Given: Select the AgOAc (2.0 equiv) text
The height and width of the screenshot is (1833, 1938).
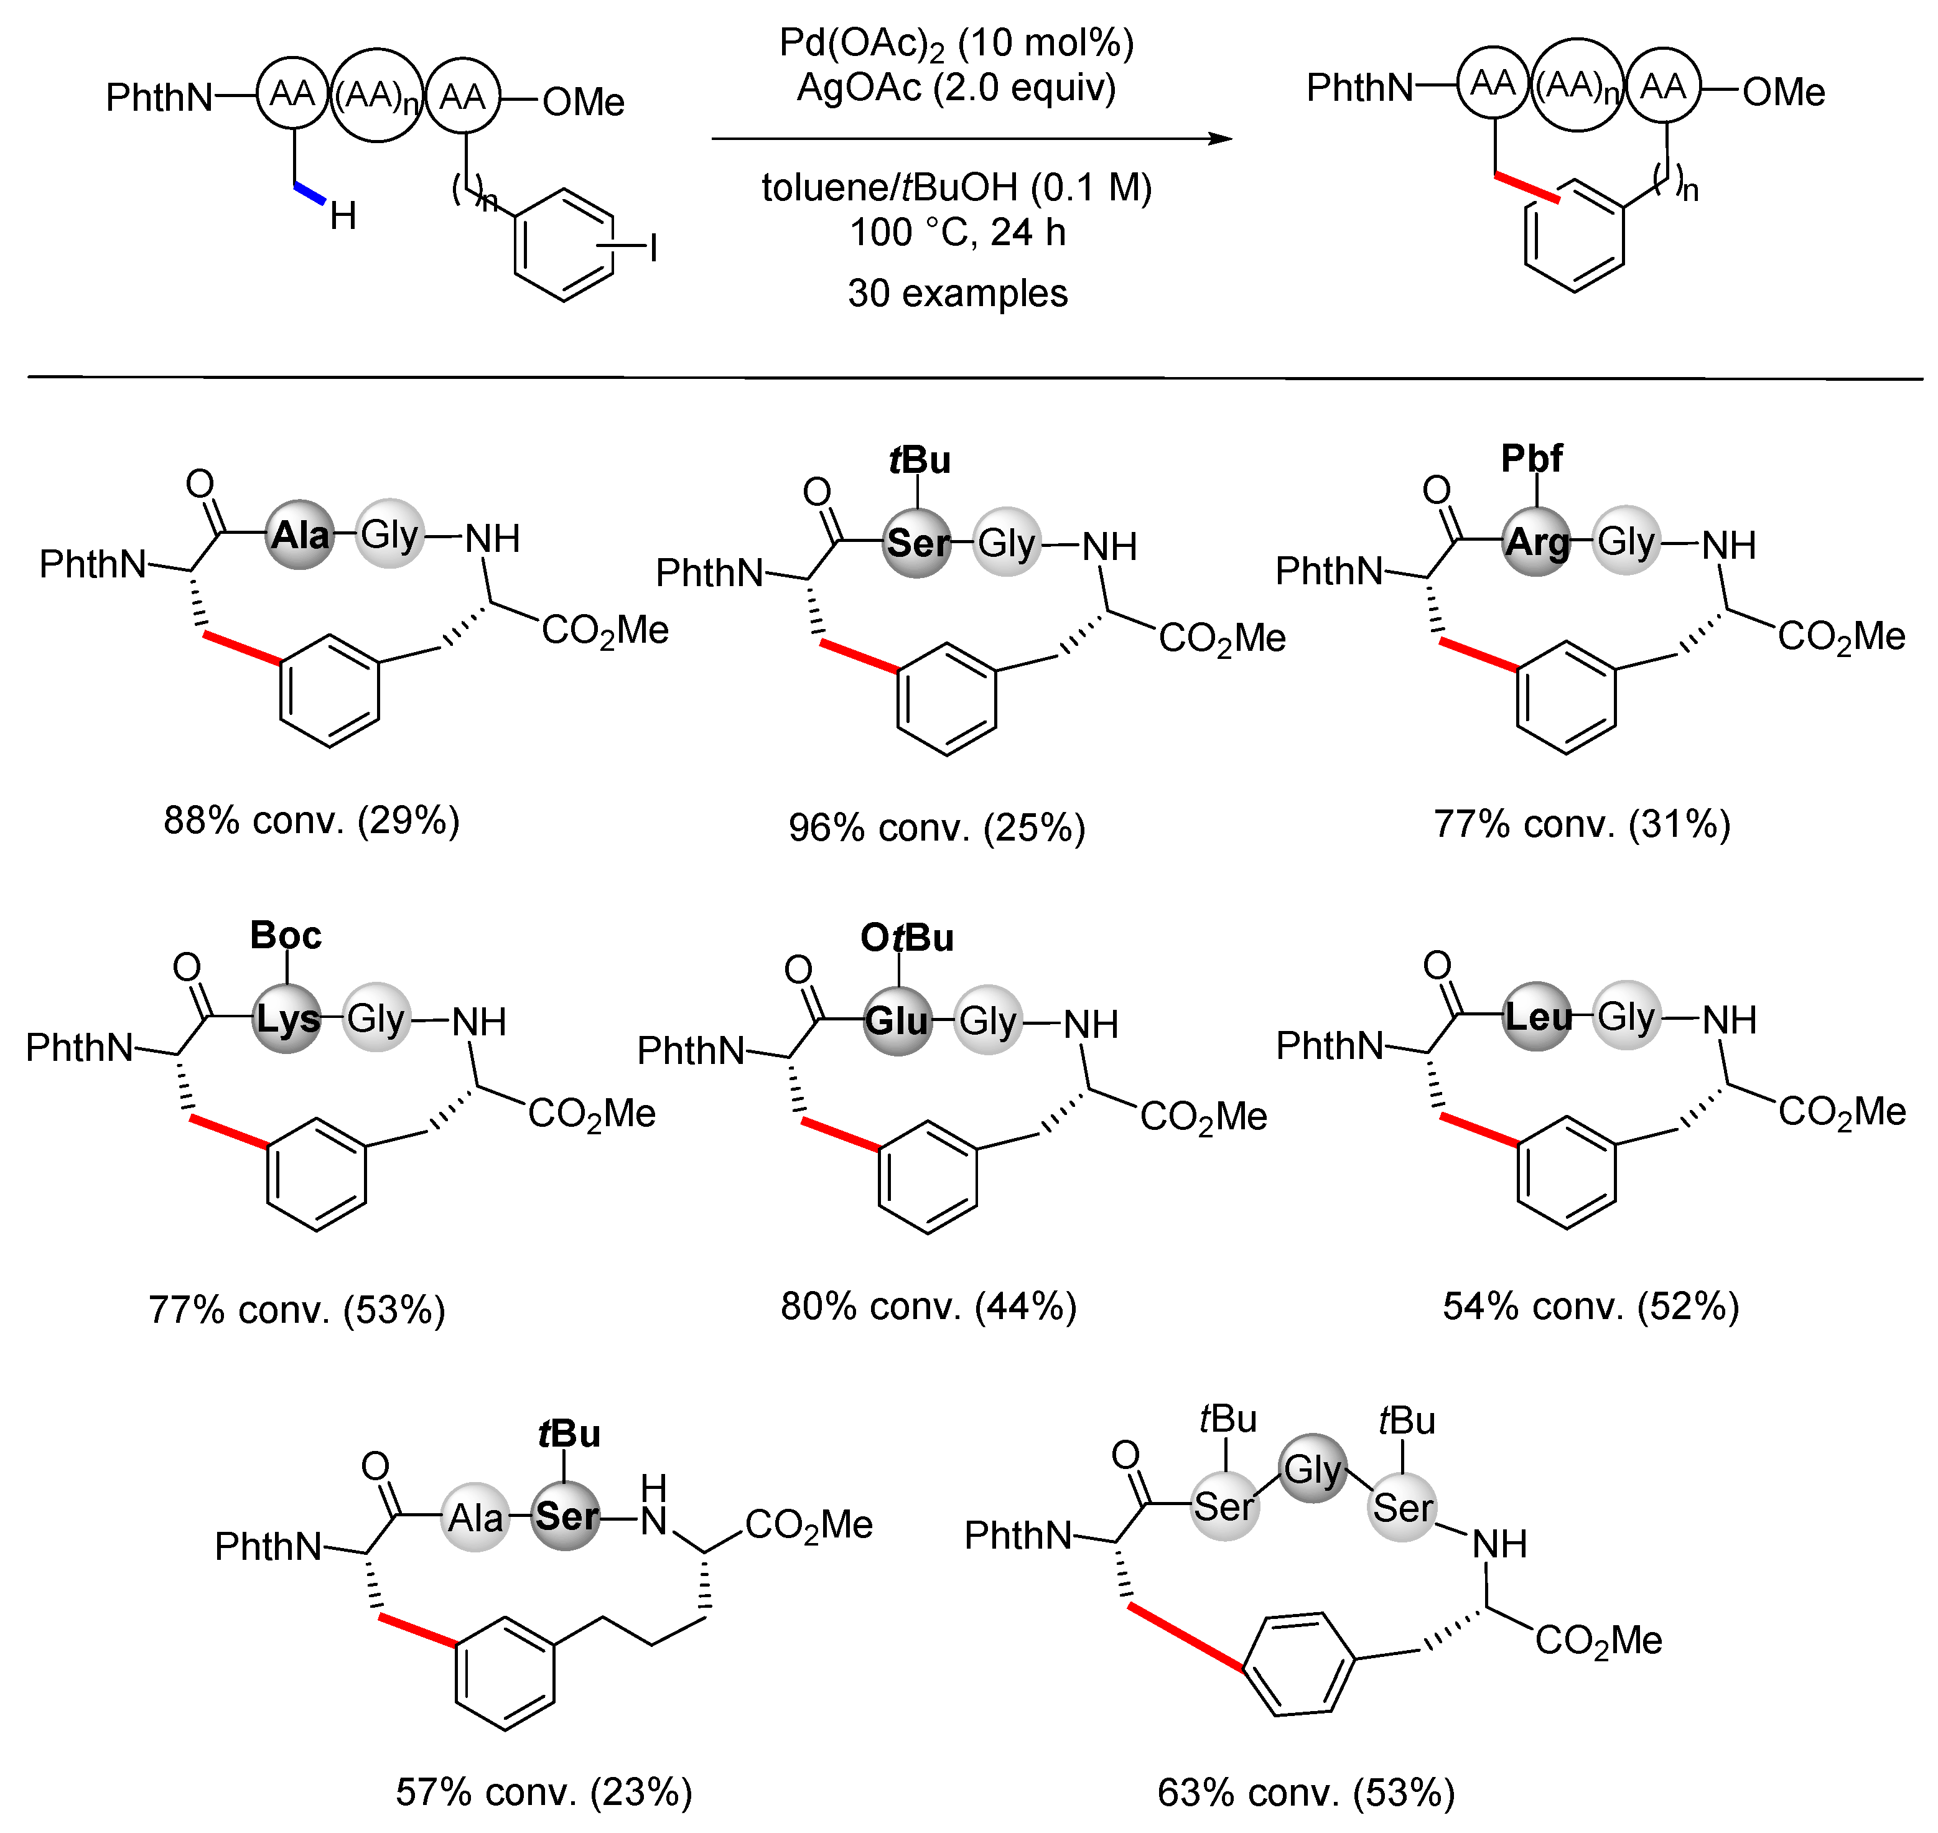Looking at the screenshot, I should click(956, 88).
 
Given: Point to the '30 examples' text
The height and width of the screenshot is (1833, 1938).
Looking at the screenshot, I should click(957, 293).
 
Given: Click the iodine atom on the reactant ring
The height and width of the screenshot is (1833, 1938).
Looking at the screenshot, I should click(653, 248).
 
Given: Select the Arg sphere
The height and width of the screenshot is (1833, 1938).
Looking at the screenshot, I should click(1537, 541).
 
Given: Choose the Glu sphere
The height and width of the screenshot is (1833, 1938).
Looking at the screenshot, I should click(898, 1021).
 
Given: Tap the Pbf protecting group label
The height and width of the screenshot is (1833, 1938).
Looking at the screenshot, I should click(1532, 458).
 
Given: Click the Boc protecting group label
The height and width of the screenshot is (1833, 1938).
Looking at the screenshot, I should click(285, 935).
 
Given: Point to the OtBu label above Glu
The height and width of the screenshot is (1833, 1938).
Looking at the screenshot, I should click(906, 938).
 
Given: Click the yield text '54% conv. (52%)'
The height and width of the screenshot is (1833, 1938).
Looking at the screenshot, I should click(1590, 1307).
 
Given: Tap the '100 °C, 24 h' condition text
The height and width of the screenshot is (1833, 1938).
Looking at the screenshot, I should click(957, 233).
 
